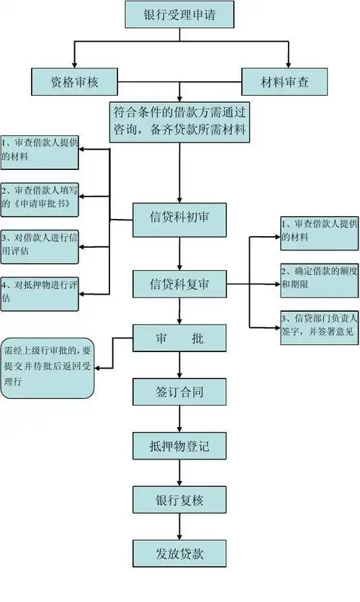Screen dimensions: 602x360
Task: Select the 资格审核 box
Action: [75, 82]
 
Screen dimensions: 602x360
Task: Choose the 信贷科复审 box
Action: [179, 283]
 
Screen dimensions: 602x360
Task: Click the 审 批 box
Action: [179, 337]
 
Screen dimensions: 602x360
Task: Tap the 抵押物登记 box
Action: [179, 446]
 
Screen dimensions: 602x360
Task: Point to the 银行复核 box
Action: [179, 500]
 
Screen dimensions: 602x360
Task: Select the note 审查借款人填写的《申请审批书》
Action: [39, 197]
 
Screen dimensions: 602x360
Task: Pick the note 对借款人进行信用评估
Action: [39, 244]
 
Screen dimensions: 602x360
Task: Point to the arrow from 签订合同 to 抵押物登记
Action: [179, 418]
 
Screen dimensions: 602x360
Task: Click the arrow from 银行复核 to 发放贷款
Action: [179, 526]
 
